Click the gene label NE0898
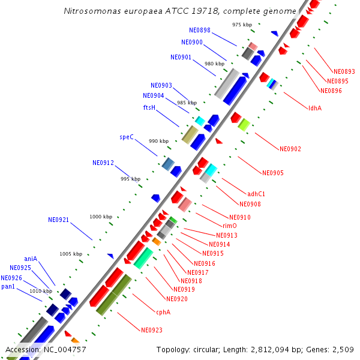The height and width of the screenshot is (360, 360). pyautogui.click(x=199, y=30)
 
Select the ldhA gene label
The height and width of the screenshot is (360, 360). pyautogui.click(x=314, y=108)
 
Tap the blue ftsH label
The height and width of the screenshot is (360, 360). pyautogui.click(x=149, y=108)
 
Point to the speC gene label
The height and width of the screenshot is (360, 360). pyautogui.click(x=126, y=137)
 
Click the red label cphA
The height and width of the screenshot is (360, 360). pyautogui.click(x=163, y=312)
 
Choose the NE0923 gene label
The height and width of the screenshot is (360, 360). pyautogui.click(x=151, y=330)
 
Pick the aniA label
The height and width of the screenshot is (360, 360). pyautogui.click(x=31, y=259)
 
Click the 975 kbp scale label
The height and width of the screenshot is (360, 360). pyautogui.click(x=242, y=25)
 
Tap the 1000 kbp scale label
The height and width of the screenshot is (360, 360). pyautogui.click(x=101, y=217)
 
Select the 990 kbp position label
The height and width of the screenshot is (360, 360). pyautogui.click(x=159, y=141)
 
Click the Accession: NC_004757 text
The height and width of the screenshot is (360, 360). pyautogui.click(x=46, y=350)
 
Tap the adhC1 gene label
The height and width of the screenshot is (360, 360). pyautogui.click(x=256, y=194)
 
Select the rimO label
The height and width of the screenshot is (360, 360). pyautogui.click(x=229, y=226)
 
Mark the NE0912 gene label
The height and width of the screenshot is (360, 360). pyautogui.click(x=103, y=163)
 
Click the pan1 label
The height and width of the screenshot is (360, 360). pyautogui.click(x=8, y=287)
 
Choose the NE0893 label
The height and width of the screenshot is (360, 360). pyautogui.click(x=344, y=71)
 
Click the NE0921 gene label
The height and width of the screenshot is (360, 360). pyautogui.click(x=59, y=220)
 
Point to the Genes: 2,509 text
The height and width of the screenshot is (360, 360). pyautogui.click(x=333, y=350)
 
